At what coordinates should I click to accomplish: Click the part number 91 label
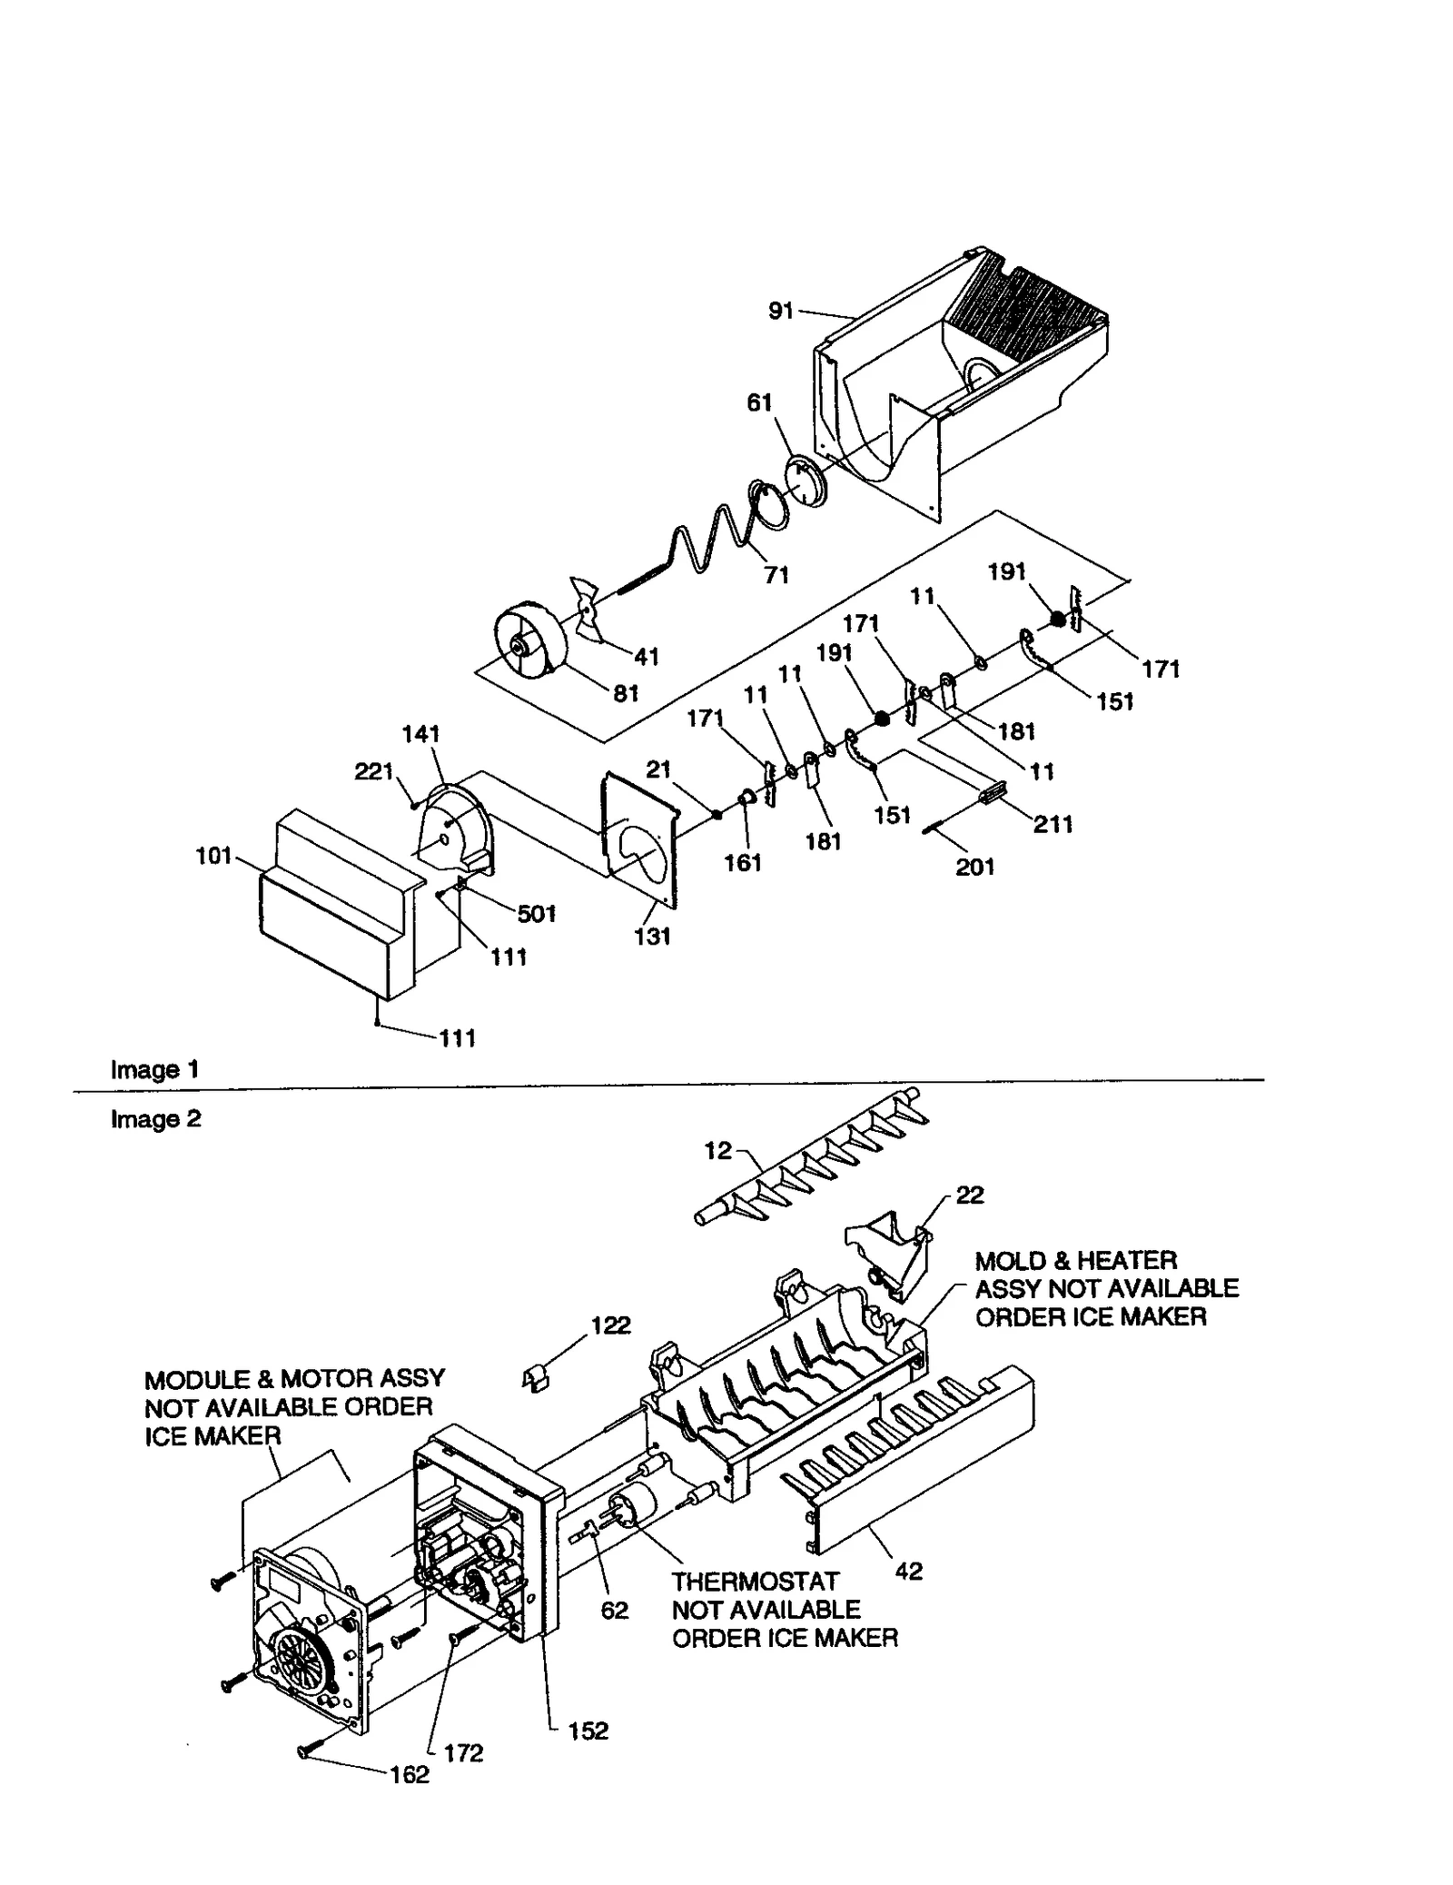tap(780, 312)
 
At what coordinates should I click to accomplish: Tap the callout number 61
tap(759, 402)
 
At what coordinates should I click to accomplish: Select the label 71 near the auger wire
tap(776, 575)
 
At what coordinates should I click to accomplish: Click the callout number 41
tap(646, 656)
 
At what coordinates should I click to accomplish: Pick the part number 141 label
tap(420, 734)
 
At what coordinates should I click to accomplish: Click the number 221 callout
tap(372, 772)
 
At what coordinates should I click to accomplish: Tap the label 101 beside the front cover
tap(214, 856)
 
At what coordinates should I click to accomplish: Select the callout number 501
tap(536, 914)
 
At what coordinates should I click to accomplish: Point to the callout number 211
tap(1053, 825)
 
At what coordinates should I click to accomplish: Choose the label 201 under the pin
tap(974, 868)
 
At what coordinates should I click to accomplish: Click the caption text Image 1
tap(154, 1070)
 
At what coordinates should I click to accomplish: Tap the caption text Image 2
tap(155, 1119)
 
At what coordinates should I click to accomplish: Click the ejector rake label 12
tap(717, 1151)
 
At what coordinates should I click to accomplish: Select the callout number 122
tap(610, 1325)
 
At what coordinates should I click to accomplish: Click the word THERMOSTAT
tap(756, 1582)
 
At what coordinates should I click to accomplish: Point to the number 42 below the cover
tap(908, 1571)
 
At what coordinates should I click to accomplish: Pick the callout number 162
tap(409, 1774)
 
